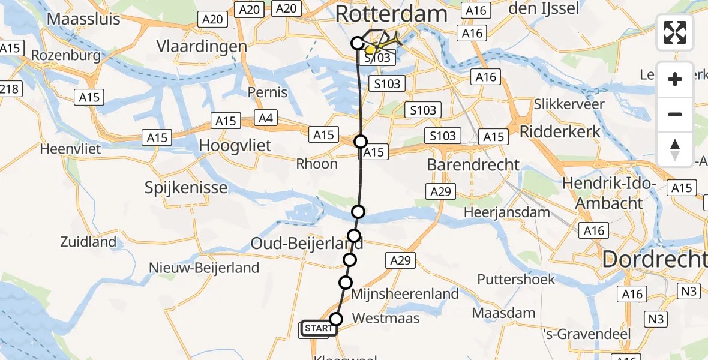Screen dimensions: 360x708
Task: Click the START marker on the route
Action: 318,328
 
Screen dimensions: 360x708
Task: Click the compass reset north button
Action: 675,149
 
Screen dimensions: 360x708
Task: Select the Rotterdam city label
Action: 391,14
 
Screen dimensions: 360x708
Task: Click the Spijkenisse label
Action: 186,188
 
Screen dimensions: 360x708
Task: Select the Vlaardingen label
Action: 202,46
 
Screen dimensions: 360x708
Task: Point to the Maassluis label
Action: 83,19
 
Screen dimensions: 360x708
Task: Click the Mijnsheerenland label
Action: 405,294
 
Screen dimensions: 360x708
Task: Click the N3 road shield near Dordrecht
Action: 689,291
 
